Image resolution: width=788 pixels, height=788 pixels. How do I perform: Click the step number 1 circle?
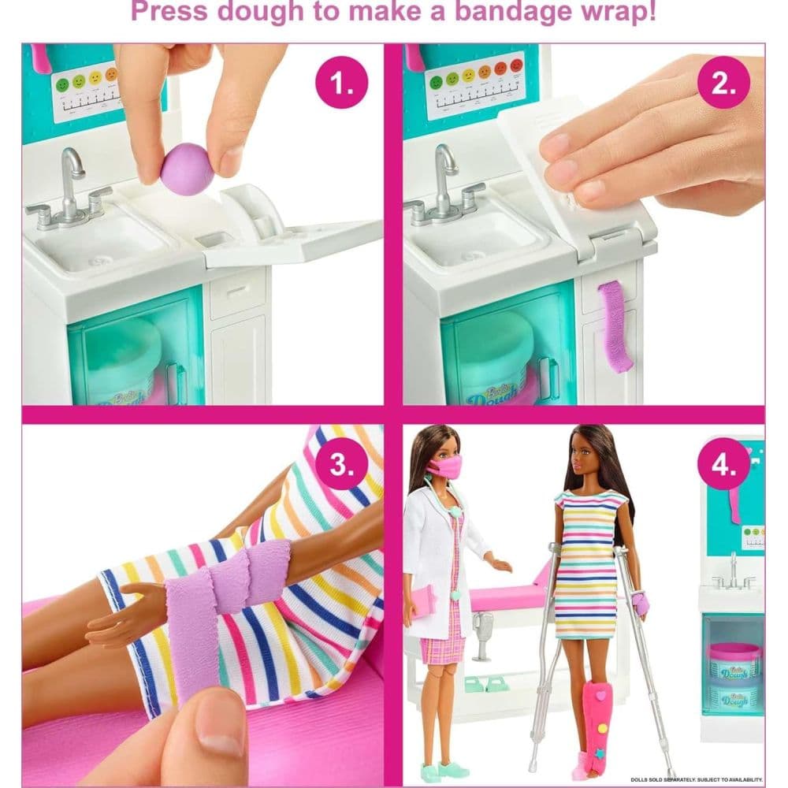click(x=341, y=82)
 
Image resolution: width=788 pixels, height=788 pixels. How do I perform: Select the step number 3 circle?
click(x=341, y=464)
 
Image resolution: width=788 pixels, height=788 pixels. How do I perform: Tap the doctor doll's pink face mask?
click(x=444, y=467)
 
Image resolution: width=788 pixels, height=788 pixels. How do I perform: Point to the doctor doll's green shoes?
click(x=436, y=771)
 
